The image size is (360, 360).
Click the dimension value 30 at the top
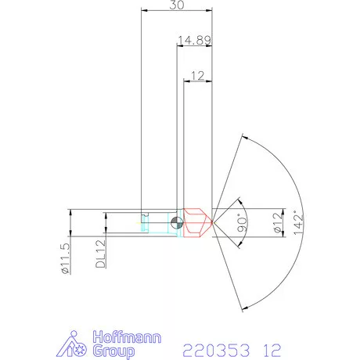(177, 5)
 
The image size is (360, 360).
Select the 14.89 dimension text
(193, 39)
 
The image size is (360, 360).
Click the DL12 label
(100, 254)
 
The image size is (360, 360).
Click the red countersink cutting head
(196, 222)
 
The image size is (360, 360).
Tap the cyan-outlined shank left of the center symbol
(157, 222)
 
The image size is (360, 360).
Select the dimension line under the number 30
(177, 11)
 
